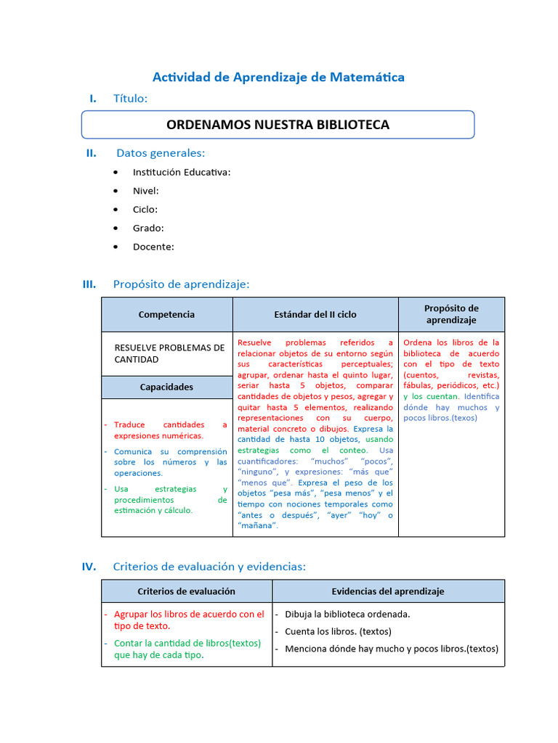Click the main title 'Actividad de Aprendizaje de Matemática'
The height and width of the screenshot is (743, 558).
(278, 76)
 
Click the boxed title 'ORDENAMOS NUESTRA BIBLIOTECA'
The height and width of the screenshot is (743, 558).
(278, 124)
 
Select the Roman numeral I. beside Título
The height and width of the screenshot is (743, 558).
(92, 98)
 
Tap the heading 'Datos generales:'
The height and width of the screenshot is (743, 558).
(161, 152)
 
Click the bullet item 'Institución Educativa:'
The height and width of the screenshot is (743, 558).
(181, 172)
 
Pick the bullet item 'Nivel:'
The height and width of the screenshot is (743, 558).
(145, 191)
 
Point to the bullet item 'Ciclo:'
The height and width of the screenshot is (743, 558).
(145, 209)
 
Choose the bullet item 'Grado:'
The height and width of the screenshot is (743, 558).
(147, 228)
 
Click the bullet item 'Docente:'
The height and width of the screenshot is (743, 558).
(153, 247)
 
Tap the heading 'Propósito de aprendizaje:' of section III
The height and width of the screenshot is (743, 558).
(181, 284)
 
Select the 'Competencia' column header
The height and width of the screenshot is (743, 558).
(166, 314)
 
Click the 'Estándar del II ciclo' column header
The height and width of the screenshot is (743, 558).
(315, 314)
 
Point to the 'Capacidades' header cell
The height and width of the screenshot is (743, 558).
(166, 387)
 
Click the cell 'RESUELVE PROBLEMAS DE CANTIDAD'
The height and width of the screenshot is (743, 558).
(169, 353)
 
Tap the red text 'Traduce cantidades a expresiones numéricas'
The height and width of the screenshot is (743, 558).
(170, 430)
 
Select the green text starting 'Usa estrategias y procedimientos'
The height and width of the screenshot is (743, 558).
(170, 499)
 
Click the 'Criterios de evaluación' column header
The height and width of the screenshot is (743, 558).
(186, 591)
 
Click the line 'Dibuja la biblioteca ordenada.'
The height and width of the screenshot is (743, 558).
(347, 614)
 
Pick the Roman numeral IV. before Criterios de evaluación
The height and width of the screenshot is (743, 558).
(89, 567)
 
